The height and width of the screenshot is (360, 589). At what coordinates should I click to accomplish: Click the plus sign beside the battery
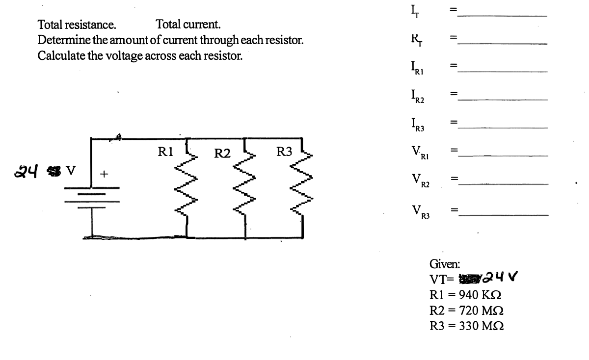[104, 174]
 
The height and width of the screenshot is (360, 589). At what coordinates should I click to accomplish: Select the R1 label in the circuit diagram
[165, 153]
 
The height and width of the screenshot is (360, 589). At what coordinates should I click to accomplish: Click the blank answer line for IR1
[502, 72]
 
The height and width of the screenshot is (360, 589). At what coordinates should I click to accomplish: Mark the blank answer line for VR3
[502, 214]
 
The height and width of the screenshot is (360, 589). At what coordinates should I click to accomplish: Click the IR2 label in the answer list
[417, 96]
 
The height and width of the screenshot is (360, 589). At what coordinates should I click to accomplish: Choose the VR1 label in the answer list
[418, 153]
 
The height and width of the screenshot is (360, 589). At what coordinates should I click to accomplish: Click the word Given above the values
[445, 264]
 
